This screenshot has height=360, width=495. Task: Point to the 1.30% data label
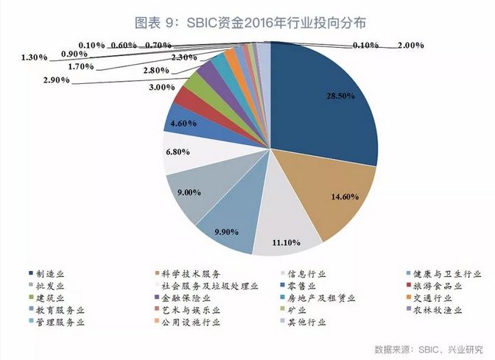[35, 57]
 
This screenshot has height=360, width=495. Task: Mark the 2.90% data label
[56, 79]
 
